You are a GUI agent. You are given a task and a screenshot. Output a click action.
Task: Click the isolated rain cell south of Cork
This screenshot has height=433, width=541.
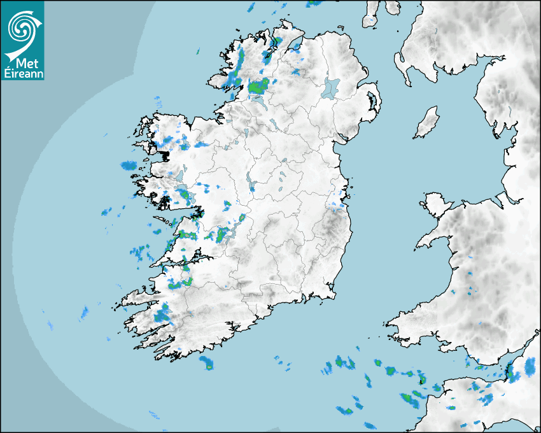[207, 363]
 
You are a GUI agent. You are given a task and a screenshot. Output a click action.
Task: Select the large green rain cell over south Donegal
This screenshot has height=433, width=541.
[258, 87]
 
